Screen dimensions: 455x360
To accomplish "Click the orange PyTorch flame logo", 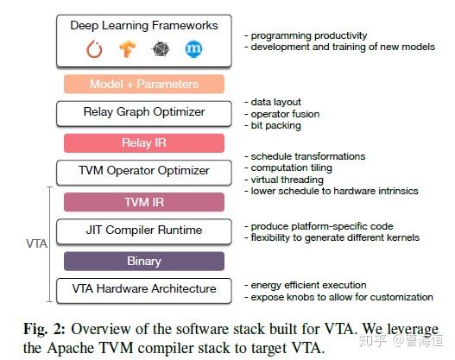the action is coord(94,49).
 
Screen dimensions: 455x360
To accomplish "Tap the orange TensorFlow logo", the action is coord(128,48).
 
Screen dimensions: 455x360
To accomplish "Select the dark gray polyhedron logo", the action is coord(161,48).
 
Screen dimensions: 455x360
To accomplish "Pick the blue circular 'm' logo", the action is coord(193,48).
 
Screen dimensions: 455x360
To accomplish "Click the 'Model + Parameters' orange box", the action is coord(144,84).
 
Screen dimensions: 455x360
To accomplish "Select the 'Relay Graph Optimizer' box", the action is coord(144,114).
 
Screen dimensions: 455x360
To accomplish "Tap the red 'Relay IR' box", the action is coord(144,143).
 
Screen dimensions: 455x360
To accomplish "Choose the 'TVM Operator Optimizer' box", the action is coord(144,173).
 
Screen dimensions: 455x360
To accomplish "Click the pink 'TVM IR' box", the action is coord(144,202).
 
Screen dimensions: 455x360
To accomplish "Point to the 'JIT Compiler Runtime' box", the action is coord(144,231).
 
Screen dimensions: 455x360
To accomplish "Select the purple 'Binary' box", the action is coord(144,261).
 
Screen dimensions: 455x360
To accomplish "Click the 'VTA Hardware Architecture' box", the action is coord(144,291).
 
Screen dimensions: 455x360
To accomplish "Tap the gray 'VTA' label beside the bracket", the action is coord(36,243).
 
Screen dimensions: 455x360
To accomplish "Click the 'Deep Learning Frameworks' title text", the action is coord(144,26).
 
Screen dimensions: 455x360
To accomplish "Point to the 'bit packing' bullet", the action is coord(273,125).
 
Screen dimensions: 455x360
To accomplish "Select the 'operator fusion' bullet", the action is coord(282,114).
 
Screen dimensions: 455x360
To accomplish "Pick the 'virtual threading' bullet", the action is coord(284,180).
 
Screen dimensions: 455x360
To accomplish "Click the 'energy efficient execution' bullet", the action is coord(306,285).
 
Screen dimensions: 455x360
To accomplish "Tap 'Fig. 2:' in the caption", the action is coord(44,329).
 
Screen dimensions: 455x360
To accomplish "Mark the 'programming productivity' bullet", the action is coord(306,35).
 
